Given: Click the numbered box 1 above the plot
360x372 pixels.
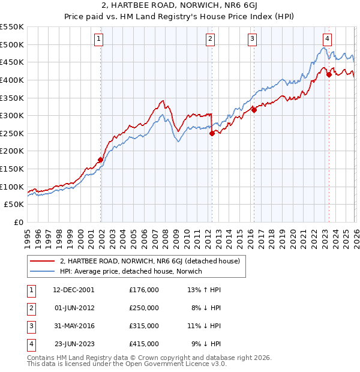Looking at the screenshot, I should [x=99, y=39].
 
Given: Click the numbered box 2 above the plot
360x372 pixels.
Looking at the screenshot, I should [x=211, y=39].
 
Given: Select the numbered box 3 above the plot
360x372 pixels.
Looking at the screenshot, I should [x=252, y=39].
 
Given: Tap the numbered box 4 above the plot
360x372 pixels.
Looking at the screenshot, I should [x=327, y=39].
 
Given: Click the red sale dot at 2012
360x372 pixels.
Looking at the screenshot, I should [x=212, y=134].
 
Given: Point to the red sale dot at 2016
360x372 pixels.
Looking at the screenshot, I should [x=254, y=110].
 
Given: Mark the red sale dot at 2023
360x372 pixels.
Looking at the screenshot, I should [x=329, y=75].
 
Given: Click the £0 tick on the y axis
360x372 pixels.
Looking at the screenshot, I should [x=19, y=222].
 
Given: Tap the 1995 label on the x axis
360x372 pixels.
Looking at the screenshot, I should [x=28, y=235].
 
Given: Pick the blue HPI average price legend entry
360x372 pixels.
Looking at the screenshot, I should [x=131, y=271].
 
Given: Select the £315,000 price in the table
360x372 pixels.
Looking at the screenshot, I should [x=144, y=326].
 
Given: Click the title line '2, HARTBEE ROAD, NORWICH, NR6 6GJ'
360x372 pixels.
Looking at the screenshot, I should [x=180, y=7].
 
